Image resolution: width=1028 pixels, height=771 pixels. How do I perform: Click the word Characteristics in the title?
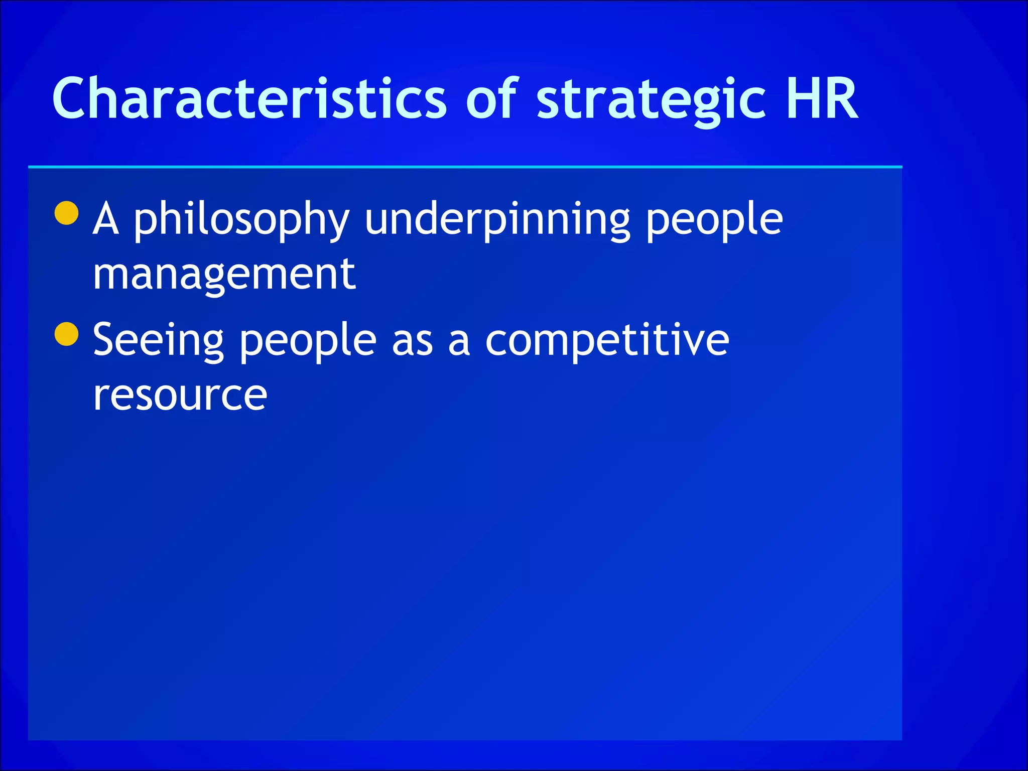[249, 99]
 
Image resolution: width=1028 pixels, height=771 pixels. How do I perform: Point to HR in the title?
[822, 99]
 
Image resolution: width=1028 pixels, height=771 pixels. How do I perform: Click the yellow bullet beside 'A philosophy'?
[66, 213]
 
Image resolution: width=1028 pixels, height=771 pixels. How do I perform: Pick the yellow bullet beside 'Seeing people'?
[66, 334]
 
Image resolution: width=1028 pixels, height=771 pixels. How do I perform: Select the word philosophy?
[241, 221]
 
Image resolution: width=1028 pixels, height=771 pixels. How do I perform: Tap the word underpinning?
[497, 221]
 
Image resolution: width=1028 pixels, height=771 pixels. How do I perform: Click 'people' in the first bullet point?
[714, 221]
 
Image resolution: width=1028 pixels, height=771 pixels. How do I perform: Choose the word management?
[224, 275]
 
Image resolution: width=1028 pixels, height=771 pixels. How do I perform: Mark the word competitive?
[607, 341]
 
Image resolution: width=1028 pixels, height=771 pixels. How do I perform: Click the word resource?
[180, 396]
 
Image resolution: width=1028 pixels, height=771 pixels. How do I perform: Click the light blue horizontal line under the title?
[465, 166]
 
